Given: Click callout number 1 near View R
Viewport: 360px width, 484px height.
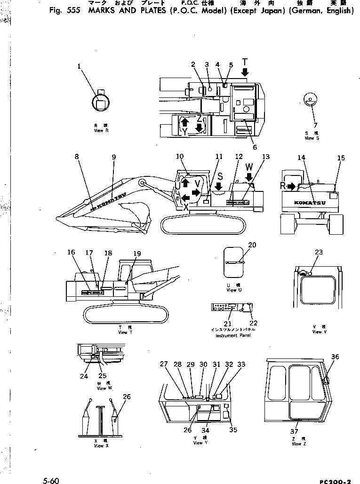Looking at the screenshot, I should coord(79,67).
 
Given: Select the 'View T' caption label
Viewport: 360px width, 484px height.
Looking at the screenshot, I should coord(122,332).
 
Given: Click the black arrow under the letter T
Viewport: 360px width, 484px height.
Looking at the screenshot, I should coord(245,72).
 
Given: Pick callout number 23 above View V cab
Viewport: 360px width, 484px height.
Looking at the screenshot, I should coord(319,252).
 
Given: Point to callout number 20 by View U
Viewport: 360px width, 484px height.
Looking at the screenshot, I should coord(252,245).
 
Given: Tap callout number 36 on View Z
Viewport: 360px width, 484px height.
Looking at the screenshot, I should coord(335,357).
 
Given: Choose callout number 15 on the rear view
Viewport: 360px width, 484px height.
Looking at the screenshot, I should coord(341,158).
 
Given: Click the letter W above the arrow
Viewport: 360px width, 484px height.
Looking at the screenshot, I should coord(249,166).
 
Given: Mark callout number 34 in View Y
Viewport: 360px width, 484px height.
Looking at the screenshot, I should coord(206,429).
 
